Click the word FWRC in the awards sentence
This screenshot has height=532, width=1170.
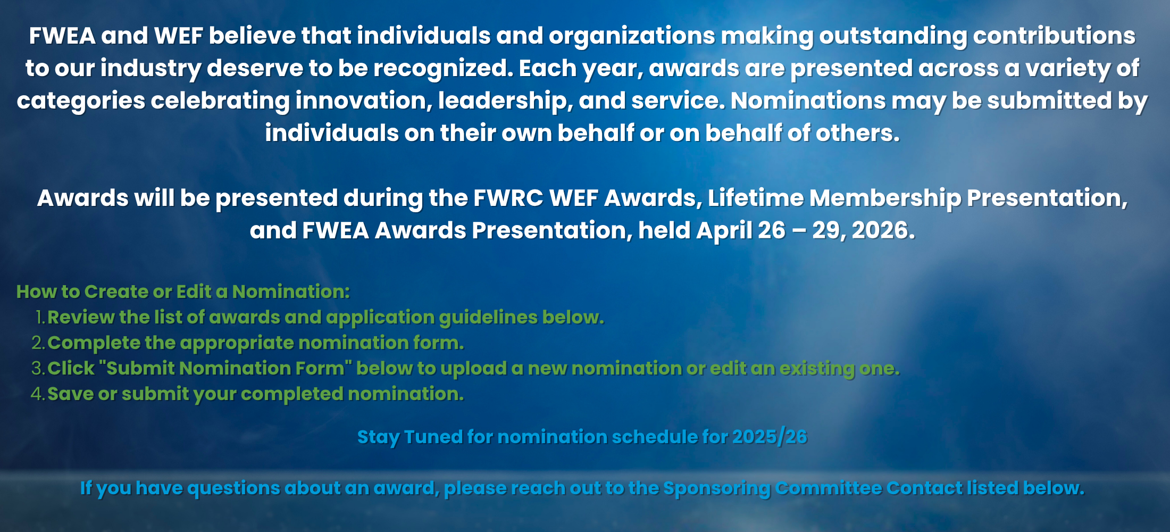pos(508,198)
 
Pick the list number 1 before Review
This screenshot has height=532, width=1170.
pos(40,318)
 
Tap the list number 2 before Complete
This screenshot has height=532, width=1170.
pos(38,343)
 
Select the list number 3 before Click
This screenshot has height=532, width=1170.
pos(38,369)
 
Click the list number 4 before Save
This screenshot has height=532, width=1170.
pos(38,394)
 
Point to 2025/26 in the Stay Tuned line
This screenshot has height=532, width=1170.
pos(770,437)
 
